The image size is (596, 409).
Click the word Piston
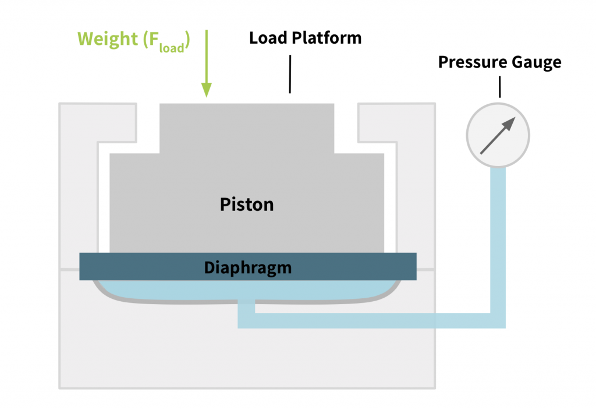(x=247, y=204)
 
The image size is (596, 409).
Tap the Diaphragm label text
(x=247, y=267)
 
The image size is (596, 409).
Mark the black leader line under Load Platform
(x=289, y=74)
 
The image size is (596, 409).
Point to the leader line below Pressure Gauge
(x=499, y=87)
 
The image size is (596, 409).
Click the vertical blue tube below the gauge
(x=498, y=233)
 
